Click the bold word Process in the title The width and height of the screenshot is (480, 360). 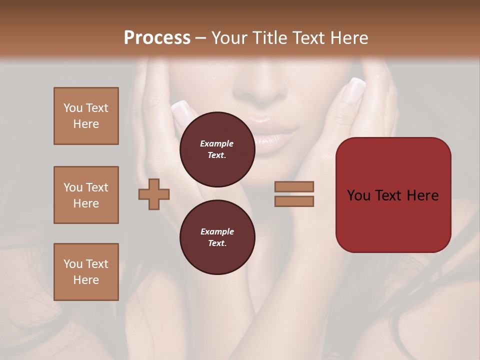tap(157, 38)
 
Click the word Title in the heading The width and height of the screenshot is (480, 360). tap(269, 38)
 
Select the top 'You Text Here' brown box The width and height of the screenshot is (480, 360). tap(86, 116)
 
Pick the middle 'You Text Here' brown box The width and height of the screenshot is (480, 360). tap(86, 195)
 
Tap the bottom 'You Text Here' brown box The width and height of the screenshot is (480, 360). tap(86, 272)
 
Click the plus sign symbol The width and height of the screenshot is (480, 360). tap(154, 194)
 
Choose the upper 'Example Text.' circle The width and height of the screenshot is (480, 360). tap(217, 149)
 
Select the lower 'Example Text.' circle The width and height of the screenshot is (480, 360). tap(217, 237)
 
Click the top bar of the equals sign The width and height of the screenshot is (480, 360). tap(294, 187)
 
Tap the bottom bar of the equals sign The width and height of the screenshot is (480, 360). tap(294, 201)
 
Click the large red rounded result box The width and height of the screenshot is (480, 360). tap(393, 220)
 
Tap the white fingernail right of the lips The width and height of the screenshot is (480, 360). tap(354, 90)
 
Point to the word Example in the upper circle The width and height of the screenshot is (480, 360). tap(217, 143)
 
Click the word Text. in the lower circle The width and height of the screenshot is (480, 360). tap(217, 243)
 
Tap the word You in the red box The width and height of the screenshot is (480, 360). tap(358, 195)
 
